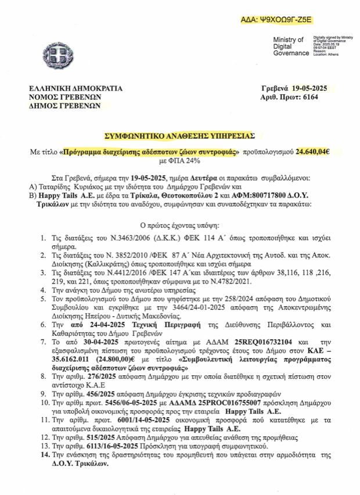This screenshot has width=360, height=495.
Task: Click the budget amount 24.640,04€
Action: (312, 152)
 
